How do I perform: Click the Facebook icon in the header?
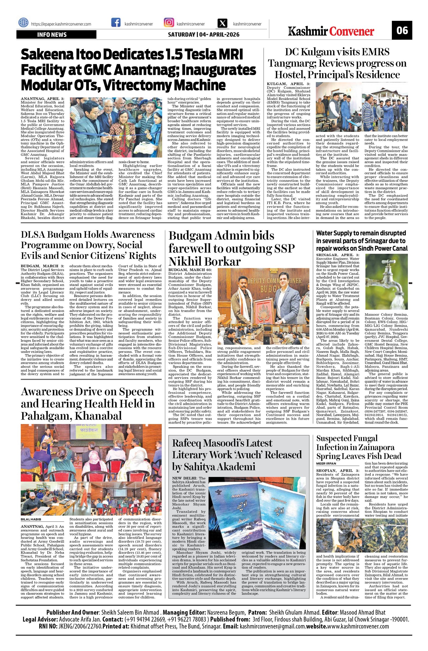[x=116, y=23]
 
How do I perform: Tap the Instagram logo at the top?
[x=169, y=22]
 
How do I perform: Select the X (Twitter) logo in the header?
[x=223, y=23]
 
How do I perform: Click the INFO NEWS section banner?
[x=56, y=34]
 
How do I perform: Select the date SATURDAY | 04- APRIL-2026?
[x=204, y=34]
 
